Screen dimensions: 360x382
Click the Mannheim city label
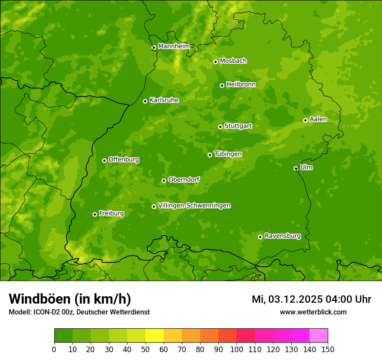(x=174, y=46)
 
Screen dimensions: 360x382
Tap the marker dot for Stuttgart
(x=220, y=127)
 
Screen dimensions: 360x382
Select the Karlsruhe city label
(x=164, y=100)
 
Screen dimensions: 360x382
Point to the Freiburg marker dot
(x=95, y=214)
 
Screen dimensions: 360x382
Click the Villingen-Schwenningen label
(x=194, y=206)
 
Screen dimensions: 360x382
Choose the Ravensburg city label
(x=282, y=236)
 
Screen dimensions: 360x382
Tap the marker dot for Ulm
(x=296, y=168)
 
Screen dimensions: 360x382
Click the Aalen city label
(x=318, y=119)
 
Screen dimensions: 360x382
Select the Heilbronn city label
(x=241, y=85)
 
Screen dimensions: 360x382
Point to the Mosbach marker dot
(x=215, y=62)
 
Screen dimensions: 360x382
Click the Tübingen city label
(x=228, y=154)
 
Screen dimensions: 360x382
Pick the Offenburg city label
(x=124, y=160)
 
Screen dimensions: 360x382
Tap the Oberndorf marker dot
(x=164, y=180)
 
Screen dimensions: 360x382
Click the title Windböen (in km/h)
(x=69, y=299)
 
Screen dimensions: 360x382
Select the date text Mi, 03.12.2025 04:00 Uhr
(x=311, y=299)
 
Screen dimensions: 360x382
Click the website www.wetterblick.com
(x=313, y=312)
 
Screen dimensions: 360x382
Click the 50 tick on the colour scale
(x=145, y=349)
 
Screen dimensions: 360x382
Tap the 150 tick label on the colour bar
(x=328, y=349)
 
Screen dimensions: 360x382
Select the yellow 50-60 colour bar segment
(x=155, y=336)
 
